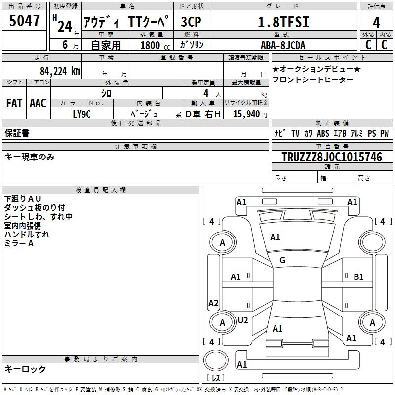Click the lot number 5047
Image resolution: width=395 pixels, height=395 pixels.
click(x=24, y=21)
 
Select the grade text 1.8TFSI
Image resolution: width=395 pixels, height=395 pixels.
click(x=284, y=22)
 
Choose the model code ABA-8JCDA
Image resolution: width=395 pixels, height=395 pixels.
click(x=283, y=45)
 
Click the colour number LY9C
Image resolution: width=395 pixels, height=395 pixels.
click(x=82, y=114)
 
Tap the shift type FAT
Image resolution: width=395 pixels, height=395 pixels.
click(x=14, y=103)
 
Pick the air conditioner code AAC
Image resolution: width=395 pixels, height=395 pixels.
click(x=38, y=103)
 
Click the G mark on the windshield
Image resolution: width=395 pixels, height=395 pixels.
click(x=282, y=260)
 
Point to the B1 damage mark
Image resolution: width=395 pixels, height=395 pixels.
click(x=358, y=277)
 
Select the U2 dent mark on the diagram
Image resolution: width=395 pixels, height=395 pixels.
click(x=242, y=320)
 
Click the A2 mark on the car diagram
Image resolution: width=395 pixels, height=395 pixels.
click(x=213, y=303)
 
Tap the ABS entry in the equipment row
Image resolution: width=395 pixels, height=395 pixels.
click(x=323, y=133)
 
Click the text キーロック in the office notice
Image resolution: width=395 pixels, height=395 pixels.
click(x=25, y=369)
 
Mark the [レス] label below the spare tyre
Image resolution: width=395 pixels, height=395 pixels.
click(x=216, y=378)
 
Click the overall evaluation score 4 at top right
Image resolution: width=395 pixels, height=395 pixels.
click(x=376, y=23)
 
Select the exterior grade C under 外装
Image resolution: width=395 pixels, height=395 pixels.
click(x=368, y=45)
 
